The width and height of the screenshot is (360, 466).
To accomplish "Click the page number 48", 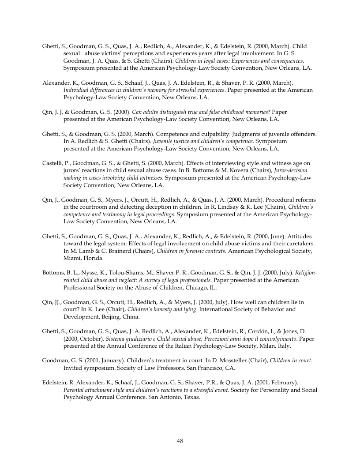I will [x=180, y=441].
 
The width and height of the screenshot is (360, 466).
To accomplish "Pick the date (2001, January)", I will [x=109, y=360].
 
